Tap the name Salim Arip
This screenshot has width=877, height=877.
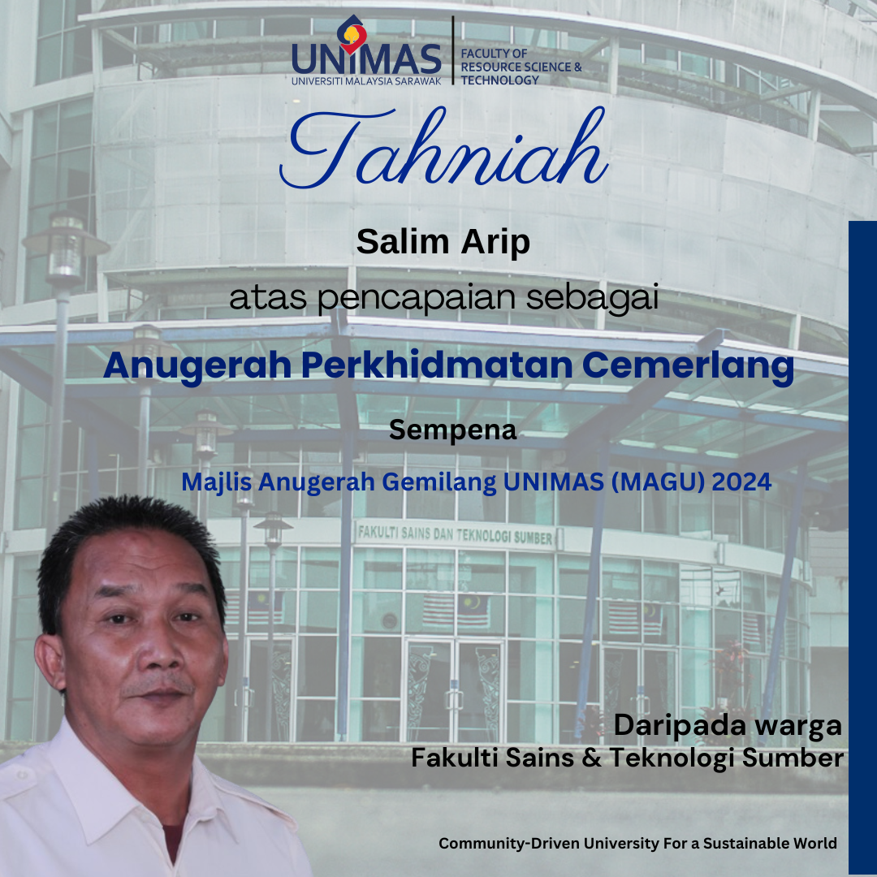click(x=443, y=241)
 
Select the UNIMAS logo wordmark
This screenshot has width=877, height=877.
click(x=366, y=59)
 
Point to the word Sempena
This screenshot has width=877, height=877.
click(x=452, y=430)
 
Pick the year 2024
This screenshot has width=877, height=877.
click(x=741, y=482)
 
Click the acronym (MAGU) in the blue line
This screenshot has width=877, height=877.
click(x=655, y=482)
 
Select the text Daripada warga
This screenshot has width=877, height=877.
click(x=728, y=725)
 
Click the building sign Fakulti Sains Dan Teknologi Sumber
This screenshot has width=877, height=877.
click(x=456, y=535)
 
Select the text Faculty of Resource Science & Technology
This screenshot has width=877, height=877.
click(x=521, y=67)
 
